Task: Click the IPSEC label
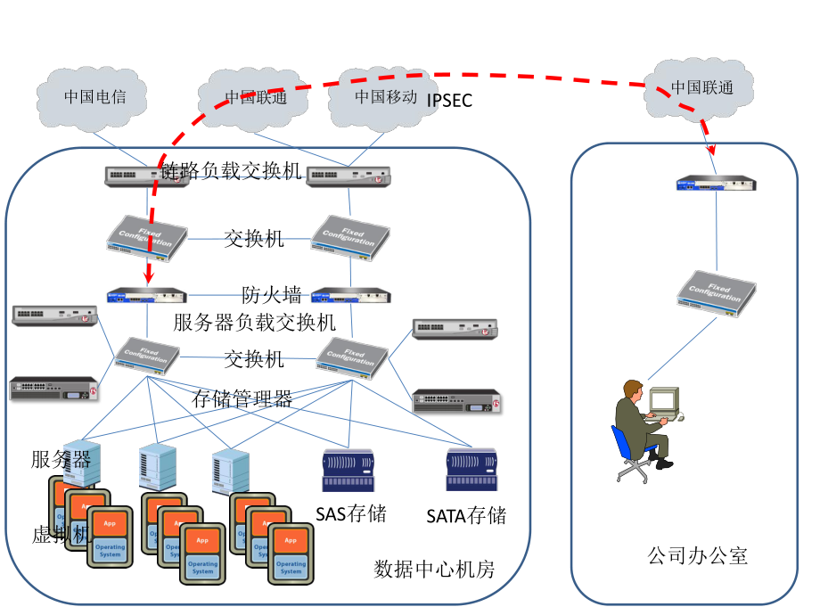click(449, 101)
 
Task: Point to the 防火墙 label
click(271, 295)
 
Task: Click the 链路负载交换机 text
click(232, 171)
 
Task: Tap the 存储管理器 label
click(242, 398)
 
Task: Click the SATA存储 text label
click(466, 515)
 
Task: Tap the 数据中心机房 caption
click(434, 569)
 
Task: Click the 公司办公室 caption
click(697, 557)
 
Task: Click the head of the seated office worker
click(633, 389)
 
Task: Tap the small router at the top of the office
click(715, 184)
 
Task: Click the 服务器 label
click(61, 459)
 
